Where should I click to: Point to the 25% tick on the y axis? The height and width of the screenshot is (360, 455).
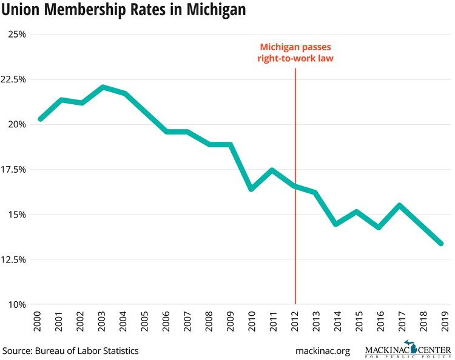click(16, 35)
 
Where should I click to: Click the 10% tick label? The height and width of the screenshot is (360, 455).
click(16, 304)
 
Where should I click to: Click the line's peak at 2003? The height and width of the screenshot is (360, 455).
click(104, 87)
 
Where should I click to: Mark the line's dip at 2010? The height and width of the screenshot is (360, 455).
click(252, 189)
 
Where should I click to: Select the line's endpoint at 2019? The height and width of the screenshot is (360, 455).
click(442, 244)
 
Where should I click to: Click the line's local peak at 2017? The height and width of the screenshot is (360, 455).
click(400, 205)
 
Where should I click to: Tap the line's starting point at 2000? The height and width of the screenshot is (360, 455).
click(40, 119)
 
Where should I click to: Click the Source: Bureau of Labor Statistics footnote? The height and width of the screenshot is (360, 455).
click(70, 350)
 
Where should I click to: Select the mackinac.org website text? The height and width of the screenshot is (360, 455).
click(322, 350)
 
